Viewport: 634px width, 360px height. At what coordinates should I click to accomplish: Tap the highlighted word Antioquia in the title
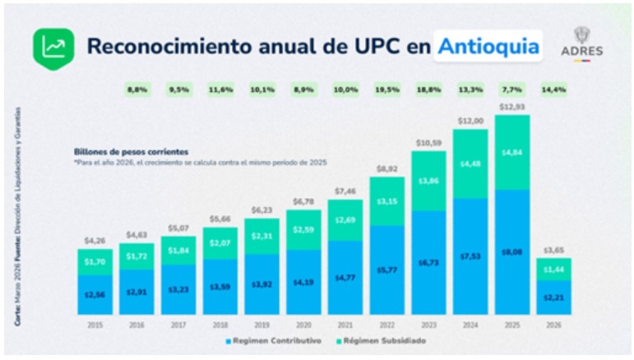(488, 46)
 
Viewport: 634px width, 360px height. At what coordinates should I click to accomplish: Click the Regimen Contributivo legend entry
(275, 341)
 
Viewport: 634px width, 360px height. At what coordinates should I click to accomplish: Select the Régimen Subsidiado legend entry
(385, 341)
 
